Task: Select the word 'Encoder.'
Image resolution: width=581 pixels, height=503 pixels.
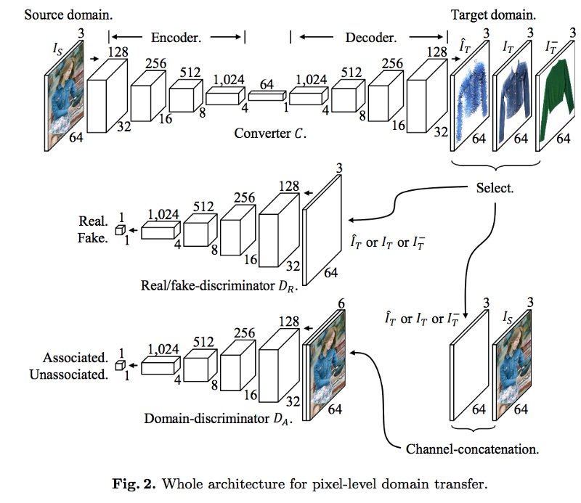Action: pyautogui.click(x=174, y=37)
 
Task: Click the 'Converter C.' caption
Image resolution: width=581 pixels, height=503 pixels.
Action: pyautogui.click(x=268, y=134)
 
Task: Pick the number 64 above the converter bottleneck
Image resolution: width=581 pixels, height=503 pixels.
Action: pyautogui.click(x=267, y=85)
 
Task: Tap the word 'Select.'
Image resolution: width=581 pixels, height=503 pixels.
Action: pyautogui.click(x=495, y=188)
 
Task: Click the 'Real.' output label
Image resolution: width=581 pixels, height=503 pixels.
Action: pyautogui.click(x=94, y=221)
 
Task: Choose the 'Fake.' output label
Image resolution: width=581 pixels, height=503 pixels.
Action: pyautogui.click(x=94, y=237)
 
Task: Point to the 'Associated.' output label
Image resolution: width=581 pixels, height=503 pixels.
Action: pyautogui.click(x=76, y=358)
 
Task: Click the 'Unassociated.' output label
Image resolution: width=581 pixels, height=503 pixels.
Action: pyautogui.click(x=69, y=375)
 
